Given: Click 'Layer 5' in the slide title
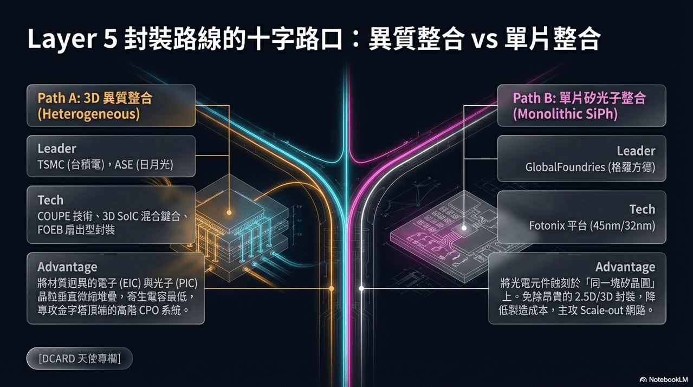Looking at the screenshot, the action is pos(73,39).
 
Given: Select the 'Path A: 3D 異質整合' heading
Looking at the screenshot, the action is pos(95,98).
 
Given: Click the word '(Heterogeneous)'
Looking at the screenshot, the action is pos(89,114).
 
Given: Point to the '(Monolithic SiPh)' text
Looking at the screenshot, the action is pos(565,114).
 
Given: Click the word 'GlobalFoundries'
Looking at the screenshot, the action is pos(565,167).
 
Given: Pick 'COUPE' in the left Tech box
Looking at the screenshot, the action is pos(54,216).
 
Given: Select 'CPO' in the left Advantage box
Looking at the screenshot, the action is pos(149,310).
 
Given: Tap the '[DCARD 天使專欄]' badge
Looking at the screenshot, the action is pos(80,358).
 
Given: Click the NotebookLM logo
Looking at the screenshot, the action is pos(663,379).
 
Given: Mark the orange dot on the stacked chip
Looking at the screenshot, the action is pos(229,212).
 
